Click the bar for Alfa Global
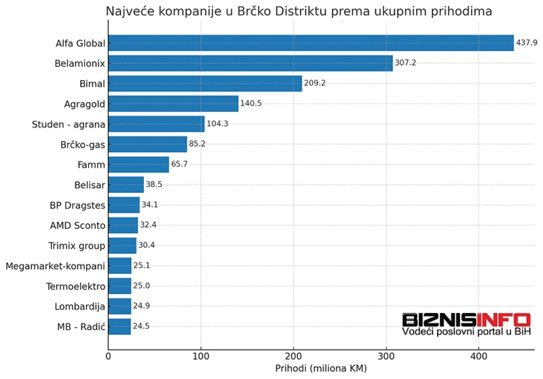click(311, 43)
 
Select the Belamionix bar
click(250, 63)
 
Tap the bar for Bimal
click(205, 84)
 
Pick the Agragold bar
click(173, 103)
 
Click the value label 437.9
click(527, 43)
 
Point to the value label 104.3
click(218, 124)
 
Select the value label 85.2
click(198, 144)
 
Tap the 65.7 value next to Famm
click(180, 164)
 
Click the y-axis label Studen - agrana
click(68, 124)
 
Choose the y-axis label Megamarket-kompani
click(54, 266)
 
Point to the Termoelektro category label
click(75, 286)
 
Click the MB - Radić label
click(81, 327)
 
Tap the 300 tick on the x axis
click(386, 355)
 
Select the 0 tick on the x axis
click(109, 355)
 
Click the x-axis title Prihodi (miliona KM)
click(321, 369)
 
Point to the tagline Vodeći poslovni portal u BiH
click(466, 331)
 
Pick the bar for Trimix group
click(122, 245)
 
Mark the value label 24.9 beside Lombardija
click(141, 306)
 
